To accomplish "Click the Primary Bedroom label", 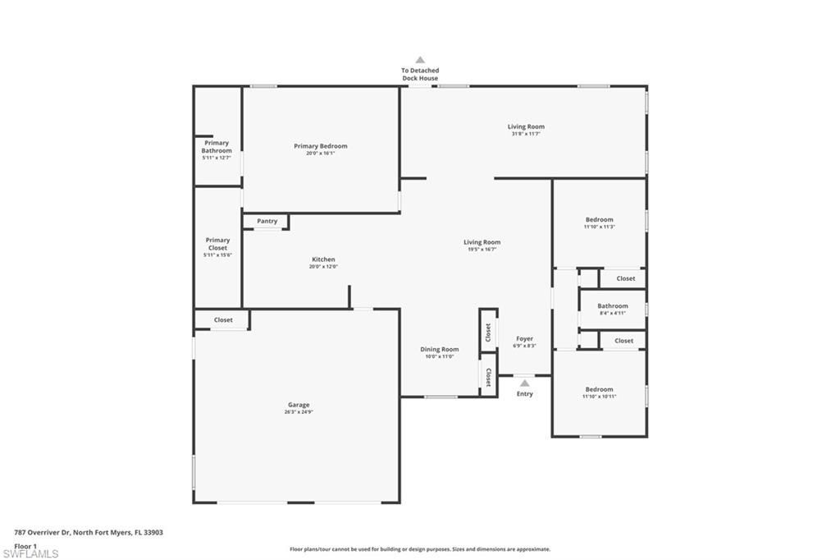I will [321, 146].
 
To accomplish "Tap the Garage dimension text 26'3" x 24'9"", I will [299, 412].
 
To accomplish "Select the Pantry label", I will [267, 221].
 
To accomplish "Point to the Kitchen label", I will [323, 259].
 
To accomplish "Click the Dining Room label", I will [440, 349].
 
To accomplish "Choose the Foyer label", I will [524, 338].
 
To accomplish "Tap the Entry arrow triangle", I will [524, 383].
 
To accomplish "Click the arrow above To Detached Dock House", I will [420, 60].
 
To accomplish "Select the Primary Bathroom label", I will [217, 147].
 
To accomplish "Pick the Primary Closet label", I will [217, 244].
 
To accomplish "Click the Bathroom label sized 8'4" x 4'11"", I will [613, 306].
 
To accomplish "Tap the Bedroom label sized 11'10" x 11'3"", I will [599, 219].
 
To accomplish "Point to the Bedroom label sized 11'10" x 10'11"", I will [599, 389].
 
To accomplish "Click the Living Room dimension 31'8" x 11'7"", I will [526, 134].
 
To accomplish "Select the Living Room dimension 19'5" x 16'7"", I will [482, 250].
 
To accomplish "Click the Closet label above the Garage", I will [223, 319].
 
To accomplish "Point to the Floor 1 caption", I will [25, 545].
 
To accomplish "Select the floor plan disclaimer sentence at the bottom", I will [420, 549].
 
